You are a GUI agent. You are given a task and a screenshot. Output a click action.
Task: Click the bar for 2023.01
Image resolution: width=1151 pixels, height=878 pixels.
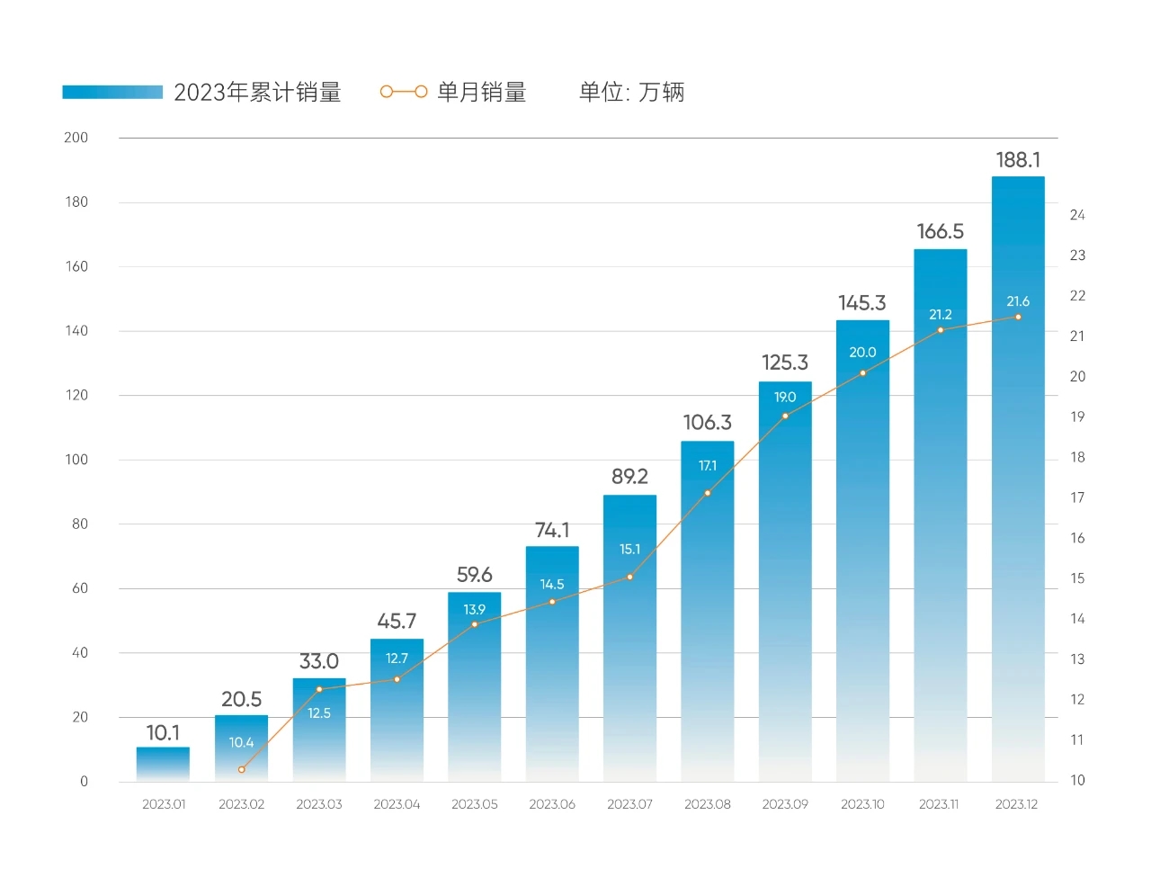pos(163,764)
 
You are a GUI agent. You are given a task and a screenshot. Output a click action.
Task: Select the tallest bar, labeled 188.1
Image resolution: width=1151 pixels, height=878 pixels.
pos(1018,477)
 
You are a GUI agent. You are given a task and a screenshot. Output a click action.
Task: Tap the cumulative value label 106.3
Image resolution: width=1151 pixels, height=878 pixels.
pos(708,422)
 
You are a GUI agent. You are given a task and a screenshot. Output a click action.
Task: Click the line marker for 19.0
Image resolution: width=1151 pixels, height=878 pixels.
pos(785,417)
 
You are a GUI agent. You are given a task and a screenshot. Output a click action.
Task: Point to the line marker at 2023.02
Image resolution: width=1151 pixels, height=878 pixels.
pos(241,769)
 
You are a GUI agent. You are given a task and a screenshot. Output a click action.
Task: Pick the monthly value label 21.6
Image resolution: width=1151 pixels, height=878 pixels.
pos(1018,301)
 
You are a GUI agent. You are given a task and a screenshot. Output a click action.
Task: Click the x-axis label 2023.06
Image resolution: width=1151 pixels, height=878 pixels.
pos(552,804)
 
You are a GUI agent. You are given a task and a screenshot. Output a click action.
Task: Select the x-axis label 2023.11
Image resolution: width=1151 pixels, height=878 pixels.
pos(939,804)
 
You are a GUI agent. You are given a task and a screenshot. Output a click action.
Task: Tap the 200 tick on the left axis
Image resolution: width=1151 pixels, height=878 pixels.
pos(76,138)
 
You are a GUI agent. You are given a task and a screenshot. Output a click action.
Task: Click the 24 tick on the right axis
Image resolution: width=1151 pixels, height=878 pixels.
pos(1077,215)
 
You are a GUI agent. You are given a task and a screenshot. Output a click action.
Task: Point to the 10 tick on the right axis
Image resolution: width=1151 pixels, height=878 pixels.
pos(1077,780)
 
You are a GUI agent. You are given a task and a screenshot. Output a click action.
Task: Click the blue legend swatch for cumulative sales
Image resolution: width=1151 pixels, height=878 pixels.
pos(112,92)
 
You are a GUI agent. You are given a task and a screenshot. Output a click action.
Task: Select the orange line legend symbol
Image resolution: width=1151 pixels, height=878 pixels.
pos(403,92)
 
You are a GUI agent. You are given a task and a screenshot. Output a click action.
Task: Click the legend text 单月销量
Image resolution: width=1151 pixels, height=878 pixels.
pos(482,92)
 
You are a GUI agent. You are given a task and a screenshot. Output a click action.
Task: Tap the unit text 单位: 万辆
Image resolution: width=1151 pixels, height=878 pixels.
pos(631,92)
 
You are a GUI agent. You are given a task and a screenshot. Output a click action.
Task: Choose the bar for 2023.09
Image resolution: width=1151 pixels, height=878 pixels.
pos(785,585)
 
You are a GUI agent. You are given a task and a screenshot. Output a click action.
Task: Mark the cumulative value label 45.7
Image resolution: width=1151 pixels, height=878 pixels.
pos(397,621)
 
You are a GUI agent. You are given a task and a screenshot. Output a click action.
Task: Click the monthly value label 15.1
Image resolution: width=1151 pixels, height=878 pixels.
pos(629,549)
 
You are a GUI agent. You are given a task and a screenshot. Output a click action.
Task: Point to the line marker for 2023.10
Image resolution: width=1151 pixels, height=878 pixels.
pos(862,373)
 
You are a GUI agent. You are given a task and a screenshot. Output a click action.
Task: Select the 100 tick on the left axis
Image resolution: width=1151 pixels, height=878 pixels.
pos(76,460)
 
